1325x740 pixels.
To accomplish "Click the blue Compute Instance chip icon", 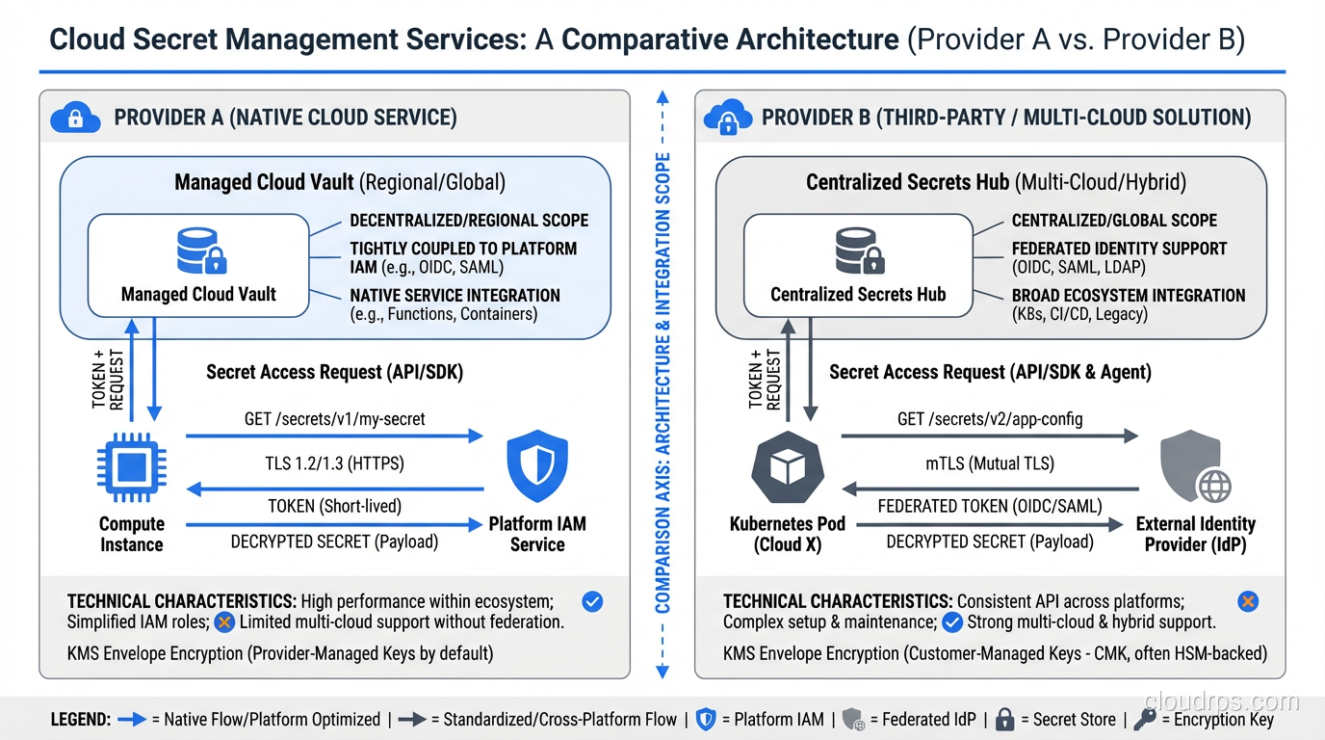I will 132,470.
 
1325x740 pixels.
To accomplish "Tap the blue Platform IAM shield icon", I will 537,466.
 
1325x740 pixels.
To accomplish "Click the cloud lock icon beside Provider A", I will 76,118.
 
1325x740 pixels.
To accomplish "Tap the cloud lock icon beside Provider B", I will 728,118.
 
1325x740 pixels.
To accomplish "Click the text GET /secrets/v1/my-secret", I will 334,419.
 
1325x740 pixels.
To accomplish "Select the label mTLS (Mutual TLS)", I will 989,463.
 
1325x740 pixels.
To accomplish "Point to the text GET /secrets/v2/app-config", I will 988,419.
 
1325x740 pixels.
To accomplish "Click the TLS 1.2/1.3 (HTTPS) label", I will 334,463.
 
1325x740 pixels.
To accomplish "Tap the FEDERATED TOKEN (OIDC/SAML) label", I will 990,506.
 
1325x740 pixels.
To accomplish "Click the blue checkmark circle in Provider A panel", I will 593,602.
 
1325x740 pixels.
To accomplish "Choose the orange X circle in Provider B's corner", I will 1247,602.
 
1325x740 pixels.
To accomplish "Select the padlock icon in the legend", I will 1004,719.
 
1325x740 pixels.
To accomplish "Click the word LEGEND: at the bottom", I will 80,719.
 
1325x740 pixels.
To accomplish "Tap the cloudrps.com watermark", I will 1223,700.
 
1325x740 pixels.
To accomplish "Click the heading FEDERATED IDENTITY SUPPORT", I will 1119,249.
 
